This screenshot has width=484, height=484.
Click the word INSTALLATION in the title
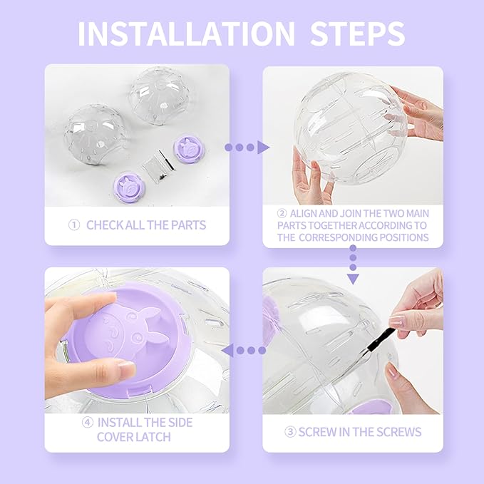point(184,34)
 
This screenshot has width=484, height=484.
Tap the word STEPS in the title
point(354,34)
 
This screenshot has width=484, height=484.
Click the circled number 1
point(73,225)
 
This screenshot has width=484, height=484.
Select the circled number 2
point(282,212)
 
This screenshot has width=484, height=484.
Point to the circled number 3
point(289,432)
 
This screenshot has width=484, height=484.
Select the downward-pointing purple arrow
point(352,267)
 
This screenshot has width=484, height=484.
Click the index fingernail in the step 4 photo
point(125,369)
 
